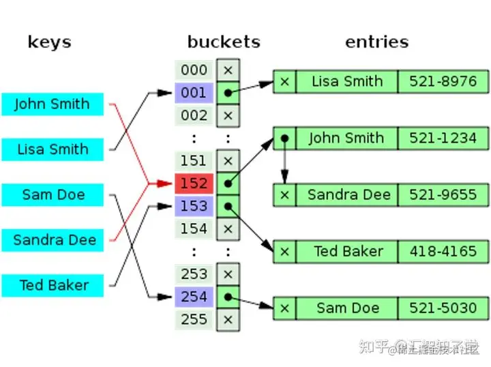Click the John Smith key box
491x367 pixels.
tap(53, 104)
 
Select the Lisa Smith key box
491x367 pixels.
tap(53, 149)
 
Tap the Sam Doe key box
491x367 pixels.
tap(53, 194)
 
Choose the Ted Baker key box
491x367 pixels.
tap(53, 285)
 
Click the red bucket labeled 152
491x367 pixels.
tap(194, 183)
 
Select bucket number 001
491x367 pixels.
tap(194, 93)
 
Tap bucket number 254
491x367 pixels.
tap(194, 297)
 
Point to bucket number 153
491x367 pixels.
tap(194, 206)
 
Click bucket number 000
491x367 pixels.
tap(194, 70)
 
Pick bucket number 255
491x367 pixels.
tap(194, 319)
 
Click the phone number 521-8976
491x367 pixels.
tap(443, 82)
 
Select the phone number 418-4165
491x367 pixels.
tap(443, 252)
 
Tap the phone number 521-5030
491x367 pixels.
tap(443, 308)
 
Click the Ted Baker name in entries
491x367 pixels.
tap(347, 252)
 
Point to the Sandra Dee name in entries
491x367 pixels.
tap(347, 195)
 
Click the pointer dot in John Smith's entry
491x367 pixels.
tap(284, 138)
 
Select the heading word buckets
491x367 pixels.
tap(224, 42)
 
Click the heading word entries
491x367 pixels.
tap(376, 42)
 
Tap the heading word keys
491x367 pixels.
tap(49, 42)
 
